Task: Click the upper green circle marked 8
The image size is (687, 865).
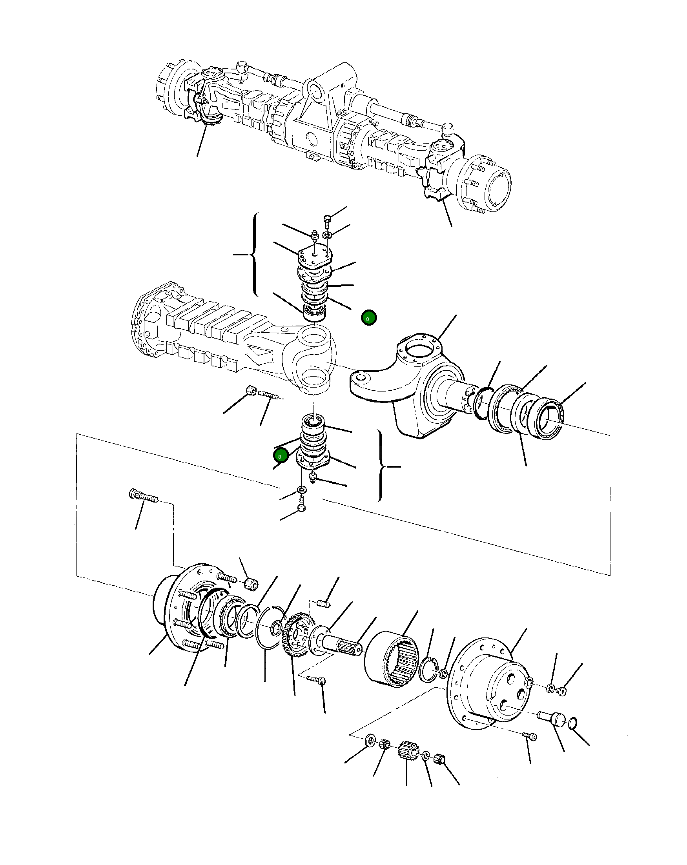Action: coord(368,318)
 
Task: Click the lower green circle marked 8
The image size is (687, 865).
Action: coord(281,456)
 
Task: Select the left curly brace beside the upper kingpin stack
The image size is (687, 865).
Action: coord(253,254)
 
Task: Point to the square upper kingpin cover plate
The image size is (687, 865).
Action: coord(315,255)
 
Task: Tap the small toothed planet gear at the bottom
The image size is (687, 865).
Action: coord(406,749)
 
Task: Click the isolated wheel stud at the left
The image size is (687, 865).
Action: coord(143,497)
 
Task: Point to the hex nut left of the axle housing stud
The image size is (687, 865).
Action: coord(251,390)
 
